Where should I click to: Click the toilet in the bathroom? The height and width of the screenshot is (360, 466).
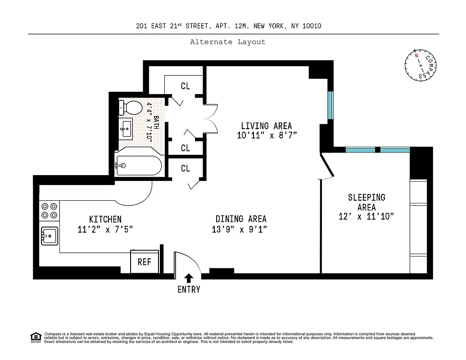pyautogui.click(x=131, y=107)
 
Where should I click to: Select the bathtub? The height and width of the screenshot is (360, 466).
pyautogui.click(x=138, y=166)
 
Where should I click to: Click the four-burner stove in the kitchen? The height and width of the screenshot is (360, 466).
pyautogui.click(x=50, y=211)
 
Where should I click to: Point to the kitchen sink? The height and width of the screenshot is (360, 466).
pyautogui.click(x=49, y=235)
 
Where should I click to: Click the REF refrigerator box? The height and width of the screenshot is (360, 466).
pyautogui.click(x=144, y=262)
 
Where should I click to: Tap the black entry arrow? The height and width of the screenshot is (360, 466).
pyautogui.click(x=189, y=278)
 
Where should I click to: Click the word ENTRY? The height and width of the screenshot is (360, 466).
pyautogui.click(x=189, y=290)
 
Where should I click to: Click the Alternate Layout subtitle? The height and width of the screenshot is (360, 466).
pyautogui.click(x=227, y=42)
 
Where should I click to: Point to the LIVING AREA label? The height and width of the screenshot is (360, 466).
pyautogui.click(x=266, y=126)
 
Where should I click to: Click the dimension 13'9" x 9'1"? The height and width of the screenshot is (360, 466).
pyautogui.click(x=240, y=229)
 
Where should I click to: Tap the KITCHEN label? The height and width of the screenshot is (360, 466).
pyautogui.click(x=105, y=219)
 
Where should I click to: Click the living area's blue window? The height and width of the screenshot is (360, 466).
pyautogui.click(x=330, y=105)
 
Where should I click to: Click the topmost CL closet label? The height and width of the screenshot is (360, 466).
pyautogui.click(x=185, y=86)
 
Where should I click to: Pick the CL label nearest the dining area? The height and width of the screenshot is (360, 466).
pyautogui.click(x=185, y=168)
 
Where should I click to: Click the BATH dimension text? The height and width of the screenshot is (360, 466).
pyautogui.click(x=150, y=122)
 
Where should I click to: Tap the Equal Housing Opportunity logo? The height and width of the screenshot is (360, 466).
pyautogui.click(x=35, y=337)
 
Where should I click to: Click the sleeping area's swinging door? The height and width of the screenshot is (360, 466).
pyautogui.click(x=327, y=167)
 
